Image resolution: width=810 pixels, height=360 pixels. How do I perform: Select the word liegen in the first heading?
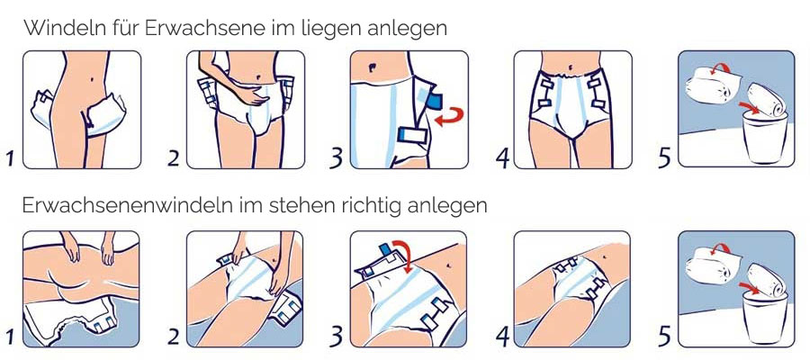(327, 30)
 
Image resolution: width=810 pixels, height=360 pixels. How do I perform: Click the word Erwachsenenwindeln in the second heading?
(127, 205)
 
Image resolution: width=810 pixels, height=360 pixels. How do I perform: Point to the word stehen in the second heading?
(300, 205)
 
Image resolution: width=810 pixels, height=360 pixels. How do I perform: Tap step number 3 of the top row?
(337, 158)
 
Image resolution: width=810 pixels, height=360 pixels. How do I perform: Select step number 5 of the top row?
(665, 158)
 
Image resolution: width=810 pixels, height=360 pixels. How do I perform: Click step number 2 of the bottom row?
(174, 337)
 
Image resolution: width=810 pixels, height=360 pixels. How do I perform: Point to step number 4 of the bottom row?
(502, 337)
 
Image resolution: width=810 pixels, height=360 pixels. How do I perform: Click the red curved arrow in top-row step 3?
(449, 116)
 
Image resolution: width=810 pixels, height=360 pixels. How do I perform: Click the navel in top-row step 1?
(92, 80)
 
